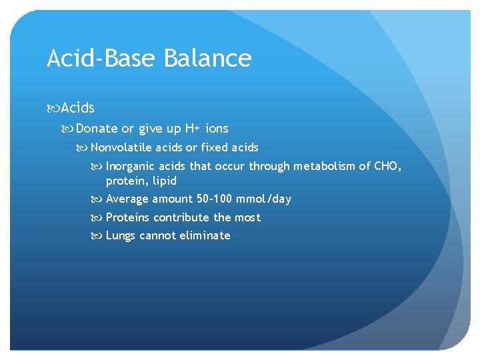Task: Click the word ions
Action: tap(217, 129)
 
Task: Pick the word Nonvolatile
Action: tap(122, 147)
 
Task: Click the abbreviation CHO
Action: tap(387, 166)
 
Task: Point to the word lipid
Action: tap(163, 181)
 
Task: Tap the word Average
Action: tap(127, 199)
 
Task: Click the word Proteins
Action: tap(128, 217)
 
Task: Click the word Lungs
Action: tap(121, 235)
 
